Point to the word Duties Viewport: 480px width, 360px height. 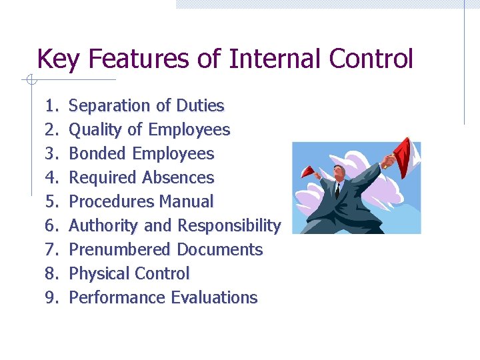pos(200,105)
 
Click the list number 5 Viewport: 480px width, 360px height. pos(52,201)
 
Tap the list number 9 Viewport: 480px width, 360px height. pos(52,297)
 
